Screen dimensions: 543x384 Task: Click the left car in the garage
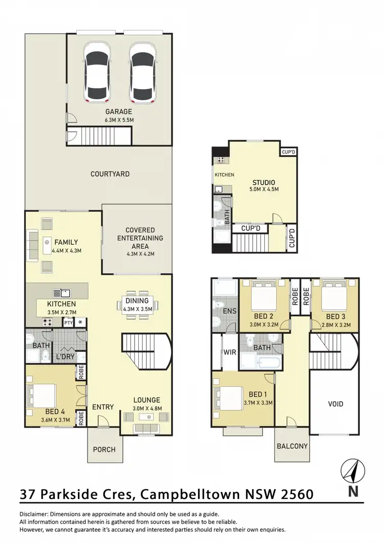[x=97, y=71]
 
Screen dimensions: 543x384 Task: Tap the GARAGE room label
[x=119, y=112]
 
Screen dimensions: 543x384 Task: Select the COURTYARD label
[x=110, y=174]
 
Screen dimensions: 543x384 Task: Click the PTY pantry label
[x=68, y=322]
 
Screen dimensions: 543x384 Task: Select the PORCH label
[x=103, y=450]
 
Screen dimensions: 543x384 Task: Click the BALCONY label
[x=292, y=446]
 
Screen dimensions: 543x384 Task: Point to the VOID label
[x=335, y=404]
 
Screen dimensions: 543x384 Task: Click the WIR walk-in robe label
[x=229, y=353]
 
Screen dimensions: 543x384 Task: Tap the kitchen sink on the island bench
[x=65, y=293]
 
